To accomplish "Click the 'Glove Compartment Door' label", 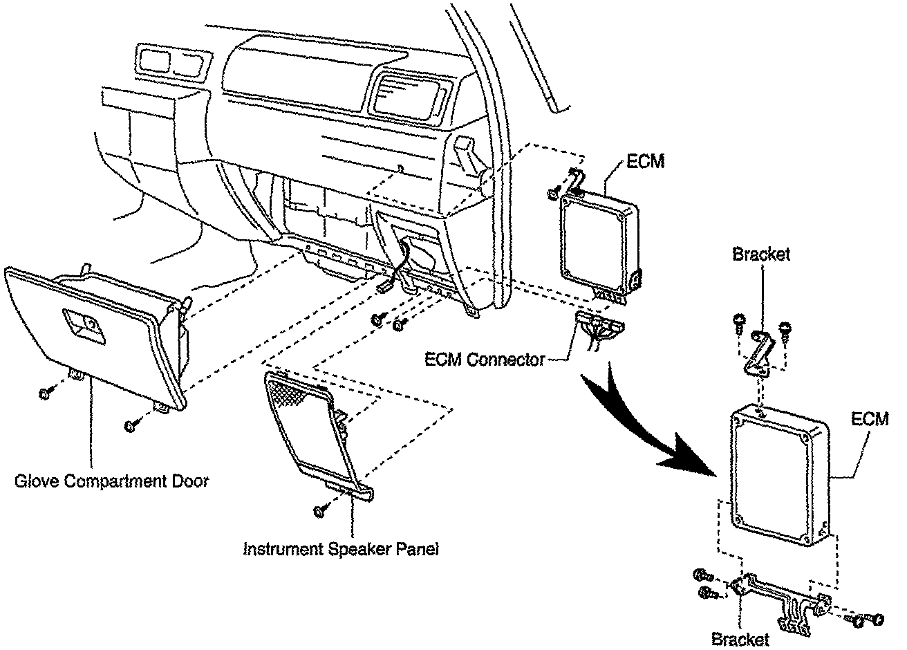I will click(111, 481).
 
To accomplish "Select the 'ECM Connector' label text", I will click(484, 360).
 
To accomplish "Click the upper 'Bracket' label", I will click(760, 254).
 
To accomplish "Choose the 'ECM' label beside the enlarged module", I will click(870, 420).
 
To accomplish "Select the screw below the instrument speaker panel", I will click(320, 510).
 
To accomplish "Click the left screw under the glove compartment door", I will click(44, 393).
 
